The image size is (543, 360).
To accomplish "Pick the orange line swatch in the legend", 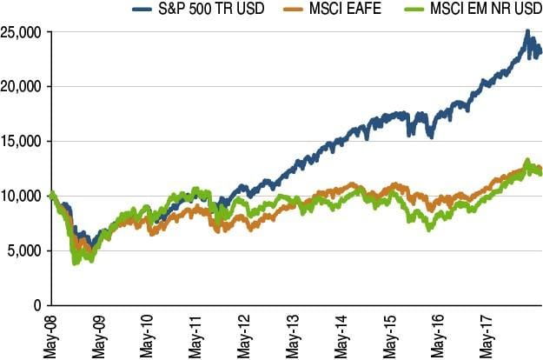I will point(288,10).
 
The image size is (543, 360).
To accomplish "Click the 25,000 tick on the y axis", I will point(23,32).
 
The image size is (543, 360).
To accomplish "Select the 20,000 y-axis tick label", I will point(23,87).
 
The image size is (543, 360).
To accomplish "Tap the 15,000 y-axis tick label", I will point(23,142).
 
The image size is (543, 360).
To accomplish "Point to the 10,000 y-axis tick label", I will point(23,197).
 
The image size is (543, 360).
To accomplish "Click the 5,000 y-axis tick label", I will point(26,251).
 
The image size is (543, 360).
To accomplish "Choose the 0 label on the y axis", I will point(37,306).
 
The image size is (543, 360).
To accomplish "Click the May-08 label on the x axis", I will point(53,334).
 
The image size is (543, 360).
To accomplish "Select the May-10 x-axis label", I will point(148,334).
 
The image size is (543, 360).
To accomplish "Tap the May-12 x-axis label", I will point(243,334).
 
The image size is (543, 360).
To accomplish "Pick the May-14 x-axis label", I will point(339,334).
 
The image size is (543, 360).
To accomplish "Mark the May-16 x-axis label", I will point(434,334).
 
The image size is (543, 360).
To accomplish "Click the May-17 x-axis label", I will point(481,334).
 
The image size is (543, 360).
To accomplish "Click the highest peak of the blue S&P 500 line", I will point(527,32).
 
